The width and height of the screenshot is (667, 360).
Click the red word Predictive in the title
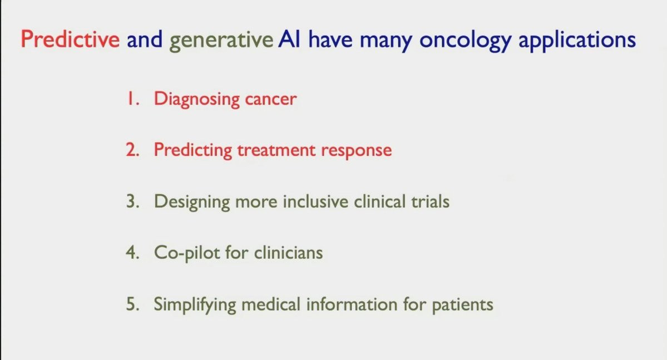click(x=70, y=39)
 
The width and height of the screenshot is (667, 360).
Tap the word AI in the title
click(x=289, y=39)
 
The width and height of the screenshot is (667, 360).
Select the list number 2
click(x=132, y=150)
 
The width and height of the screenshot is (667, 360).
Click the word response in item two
click(x=357, y=151)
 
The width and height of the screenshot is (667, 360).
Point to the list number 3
click(x=132, y=201)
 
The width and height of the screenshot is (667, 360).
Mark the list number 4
click(x=132, y=253)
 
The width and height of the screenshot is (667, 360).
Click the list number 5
click(x=132, y=304)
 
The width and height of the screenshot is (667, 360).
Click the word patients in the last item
click(x=462, y=305)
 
